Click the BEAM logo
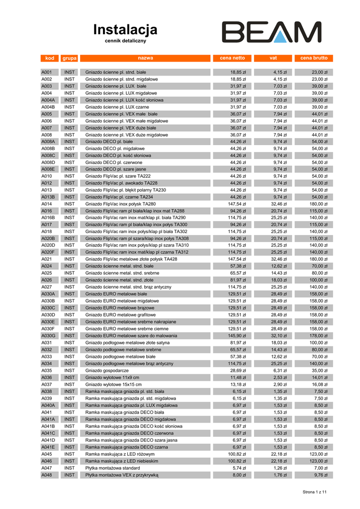coord(271,32)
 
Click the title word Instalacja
coord(125,30)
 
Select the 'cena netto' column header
coord(232,58)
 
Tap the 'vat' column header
coord(273,58)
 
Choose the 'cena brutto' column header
coord(314,58)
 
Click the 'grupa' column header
coord(69,58)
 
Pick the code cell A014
coord(47,204)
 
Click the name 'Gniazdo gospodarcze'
coord(107,370)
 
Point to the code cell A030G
coord(48,336)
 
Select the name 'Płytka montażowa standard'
coord(112,468)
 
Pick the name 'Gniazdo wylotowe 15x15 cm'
coord(113,384)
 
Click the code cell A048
coord(47,475)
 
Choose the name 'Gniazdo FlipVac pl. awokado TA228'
coord(122,183)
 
